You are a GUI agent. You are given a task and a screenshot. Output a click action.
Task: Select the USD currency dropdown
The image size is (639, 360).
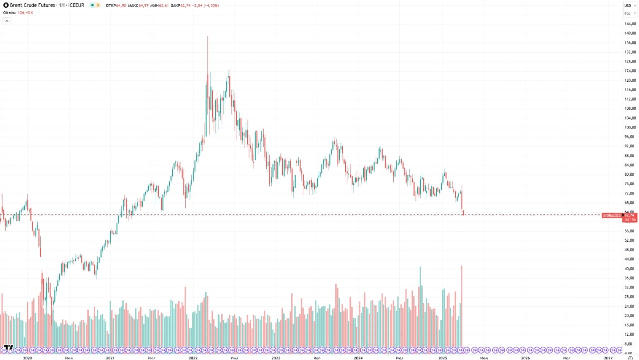[629, 5]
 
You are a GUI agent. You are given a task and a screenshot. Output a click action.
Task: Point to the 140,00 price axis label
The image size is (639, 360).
[630, 33]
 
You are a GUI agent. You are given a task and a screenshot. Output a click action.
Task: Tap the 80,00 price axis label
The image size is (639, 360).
[630, 174]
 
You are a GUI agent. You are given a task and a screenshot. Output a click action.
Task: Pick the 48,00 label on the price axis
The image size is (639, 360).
[630, 250]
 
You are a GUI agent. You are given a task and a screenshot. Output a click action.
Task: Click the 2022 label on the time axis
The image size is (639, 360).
[193, 358]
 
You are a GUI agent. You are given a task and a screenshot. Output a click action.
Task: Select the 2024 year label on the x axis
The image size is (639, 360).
[358, 358]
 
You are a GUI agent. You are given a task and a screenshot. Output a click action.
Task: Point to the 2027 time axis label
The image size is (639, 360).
[608, 358]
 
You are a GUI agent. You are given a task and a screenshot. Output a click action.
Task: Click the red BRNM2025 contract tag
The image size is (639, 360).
[612, 215]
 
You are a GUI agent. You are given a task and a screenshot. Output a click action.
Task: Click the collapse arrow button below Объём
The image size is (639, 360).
[7, 21]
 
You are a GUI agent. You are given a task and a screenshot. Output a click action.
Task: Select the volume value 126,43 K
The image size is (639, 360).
[25, 13]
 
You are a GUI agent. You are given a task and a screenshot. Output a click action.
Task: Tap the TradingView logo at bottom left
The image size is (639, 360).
[8, 347]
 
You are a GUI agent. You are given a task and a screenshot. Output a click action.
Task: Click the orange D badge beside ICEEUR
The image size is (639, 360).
[97, 5]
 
